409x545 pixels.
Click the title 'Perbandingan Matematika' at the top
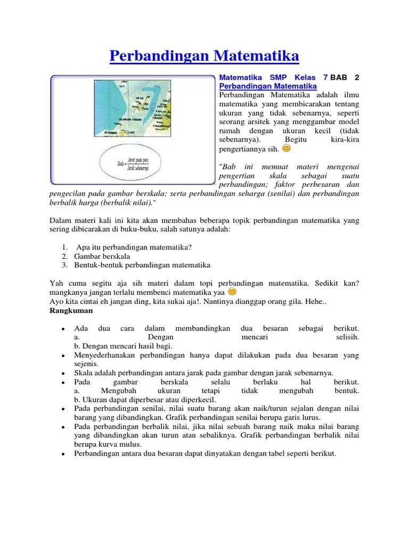pyautogui.click(x=204, y=56)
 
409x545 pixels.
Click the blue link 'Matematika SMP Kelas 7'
pyautogui.click(x=273, y=77)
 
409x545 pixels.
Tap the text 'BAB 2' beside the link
pyautogui.click(x=345, y=77)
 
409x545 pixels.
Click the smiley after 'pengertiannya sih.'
pyautogui.click(x=287, y=148)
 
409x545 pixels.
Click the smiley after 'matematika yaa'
pyautogui.click(x=232, y=292)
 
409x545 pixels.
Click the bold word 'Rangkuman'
pyautogui.click(x=71, y=310)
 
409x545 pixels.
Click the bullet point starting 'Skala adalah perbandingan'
pyautogui.click(x=203, y=373)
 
